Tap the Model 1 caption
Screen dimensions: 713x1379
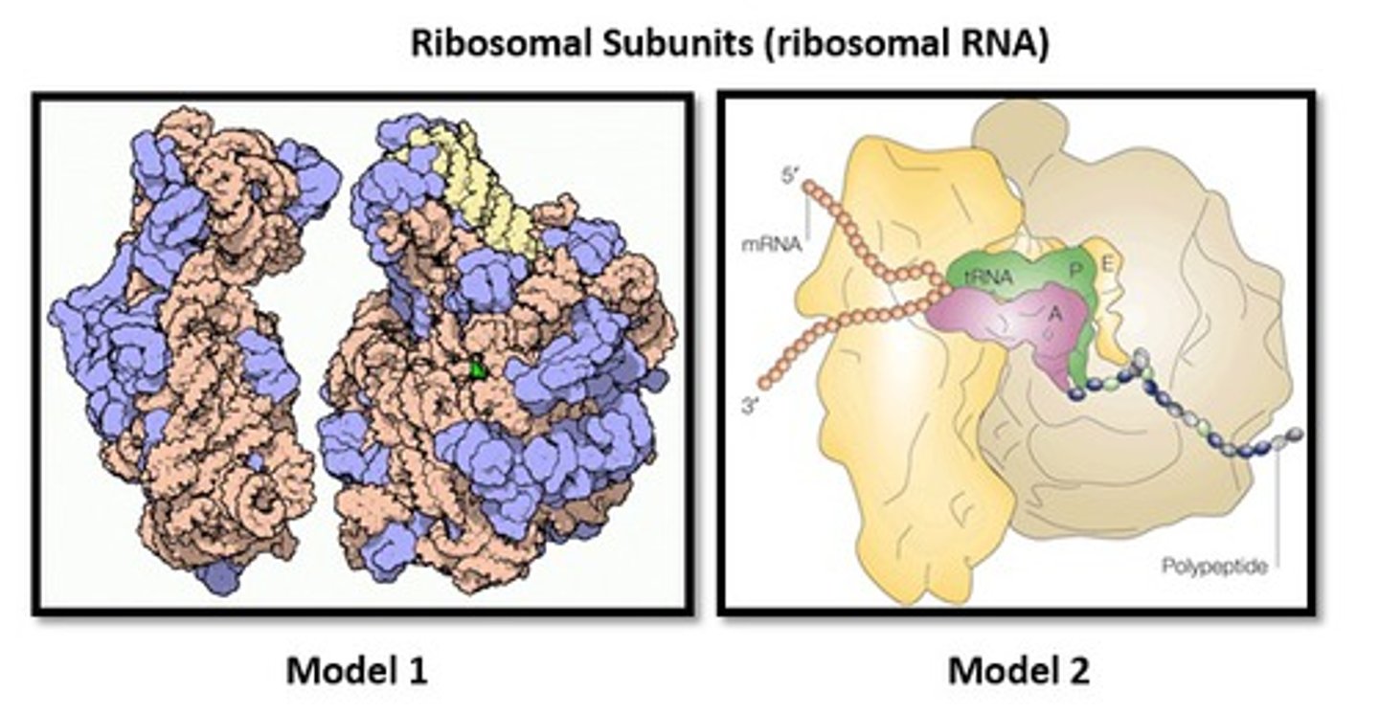point(356,671)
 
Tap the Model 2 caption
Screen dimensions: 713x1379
point(1018,671)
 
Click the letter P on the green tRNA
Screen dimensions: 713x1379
point(1075,270)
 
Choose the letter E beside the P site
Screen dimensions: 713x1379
point(1108,265)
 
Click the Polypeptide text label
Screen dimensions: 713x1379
point(1214,566)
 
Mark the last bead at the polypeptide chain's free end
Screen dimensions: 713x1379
point(1295,434)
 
